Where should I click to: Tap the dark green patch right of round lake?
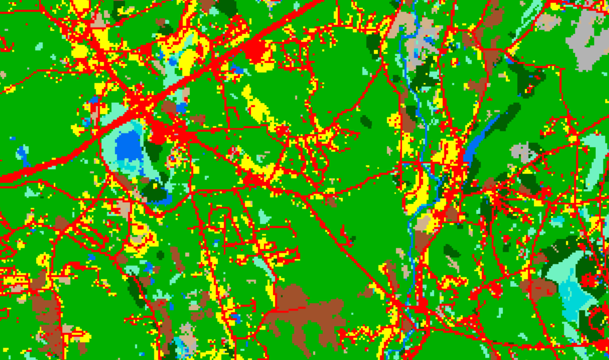point(154,150)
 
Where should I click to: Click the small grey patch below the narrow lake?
point(523,152)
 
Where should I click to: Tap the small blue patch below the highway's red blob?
point(237,71)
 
